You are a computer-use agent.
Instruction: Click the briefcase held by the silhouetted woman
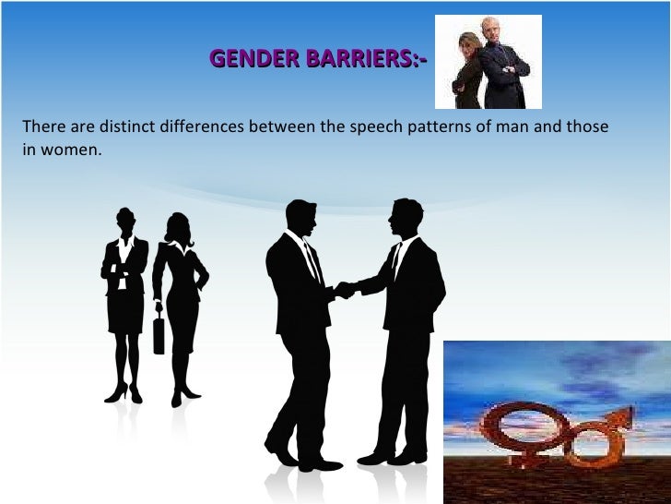tap(159, 333)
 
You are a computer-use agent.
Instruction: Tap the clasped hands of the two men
tap(344, 290)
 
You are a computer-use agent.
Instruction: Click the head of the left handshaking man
tap(300, 218)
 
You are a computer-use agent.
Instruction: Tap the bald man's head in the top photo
tap(490, 29)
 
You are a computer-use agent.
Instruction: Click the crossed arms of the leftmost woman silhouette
tap(124, 270)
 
